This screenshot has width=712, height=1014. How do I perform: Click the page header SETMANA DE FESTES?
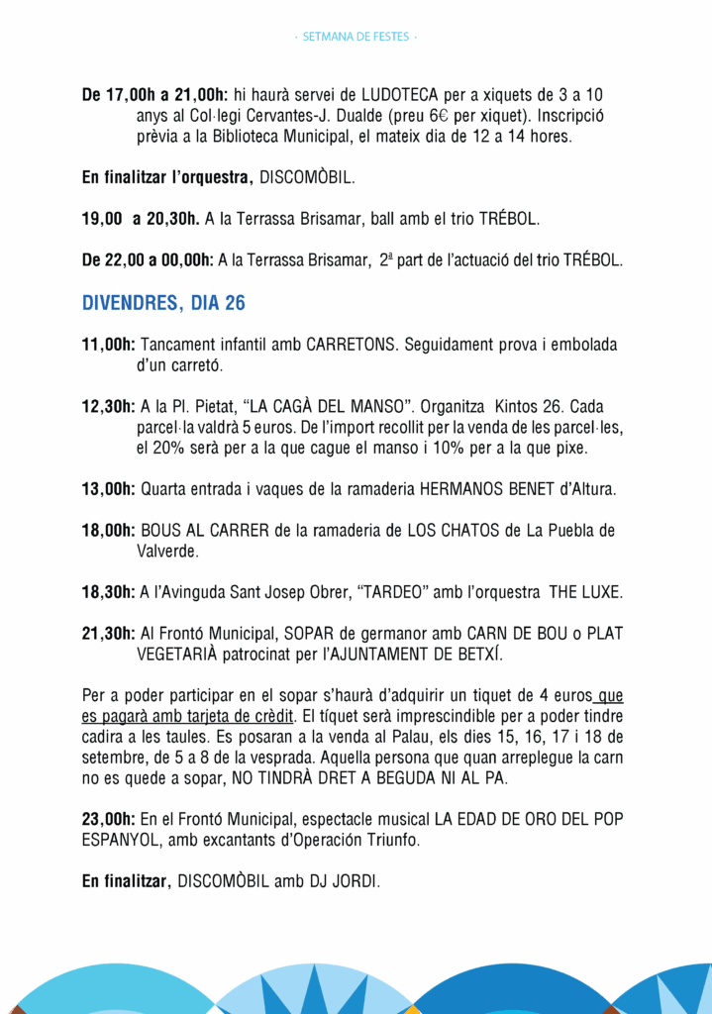pos(356,38)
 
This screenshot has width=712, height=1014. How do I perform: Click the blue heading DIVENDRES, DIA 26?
pos(163,303)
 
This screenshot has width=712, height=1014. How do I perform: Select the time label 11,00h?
pos(109,346)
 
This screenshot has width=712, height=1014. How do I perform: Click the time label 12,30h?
pos(109,407)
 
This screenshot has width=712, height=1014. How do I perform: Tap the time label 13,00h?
pos(109,488)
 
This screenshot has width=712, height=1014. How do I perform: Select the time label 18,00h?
pos(109,531)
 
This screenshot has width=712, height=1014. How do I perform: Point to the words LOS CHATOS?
pos(454,531)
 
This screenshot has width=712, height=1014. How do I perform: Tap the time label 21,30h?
pos(109,634)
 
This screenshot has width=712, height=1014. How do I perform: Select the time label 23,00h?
pos(109,818)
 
